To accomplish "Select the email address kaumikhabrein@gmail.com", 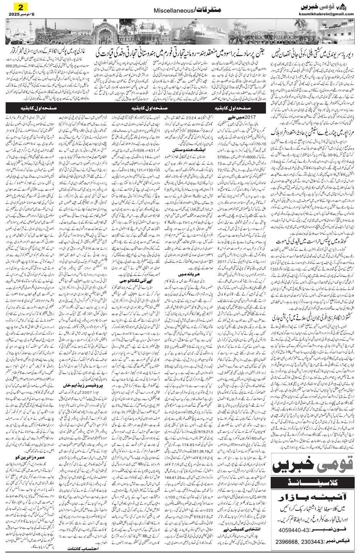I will (326, 14).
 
